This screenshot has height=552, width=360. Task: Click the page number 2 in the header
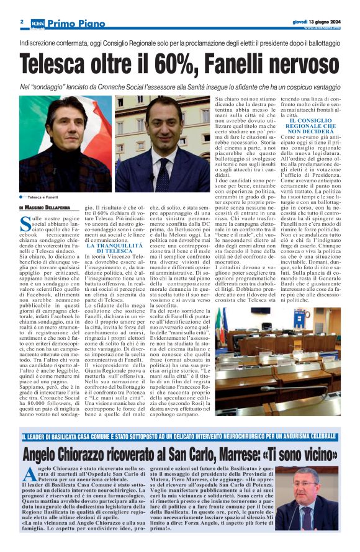pyautogui.click(x=22, y=20)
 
